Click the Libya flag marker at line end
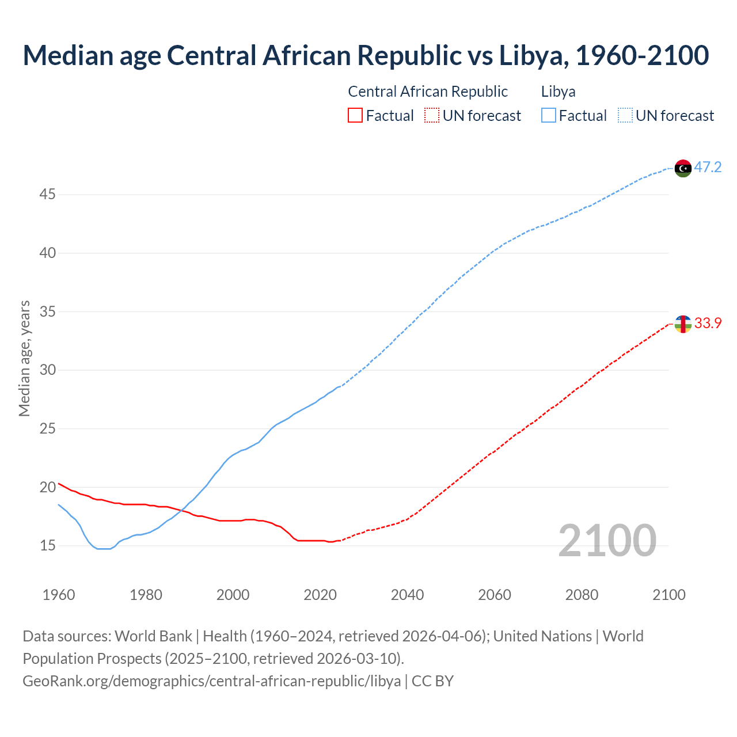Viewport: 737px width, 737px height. [683, 168]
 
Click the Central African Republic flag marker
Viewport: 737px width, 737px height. [683, 324]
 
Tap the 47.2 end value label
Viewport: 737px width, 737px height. [708, 168]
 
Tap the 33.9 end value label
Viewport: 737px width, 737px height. [708, 324]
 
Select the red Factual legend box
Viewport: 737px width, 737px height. [355, 116]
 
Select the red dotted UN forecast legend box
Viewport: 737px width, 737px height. [432, 116]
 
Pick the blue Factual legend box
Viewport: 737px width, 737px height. [549, 116]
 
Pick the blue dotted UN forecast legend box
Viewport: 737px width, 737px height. [625, 116]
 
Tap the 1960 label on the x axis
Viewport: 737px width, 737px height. [59, 595]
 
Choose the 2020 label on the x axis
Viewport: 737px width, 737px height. [320, 595]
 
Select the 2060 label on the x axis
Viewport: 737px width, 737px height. [495, 595]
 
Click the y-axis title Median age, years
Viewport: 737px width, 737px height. [24, 358]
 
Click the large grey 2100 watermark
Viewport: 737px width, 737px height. [607, 541]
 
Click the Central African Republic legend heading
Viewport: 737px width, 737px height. [428, 92]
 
